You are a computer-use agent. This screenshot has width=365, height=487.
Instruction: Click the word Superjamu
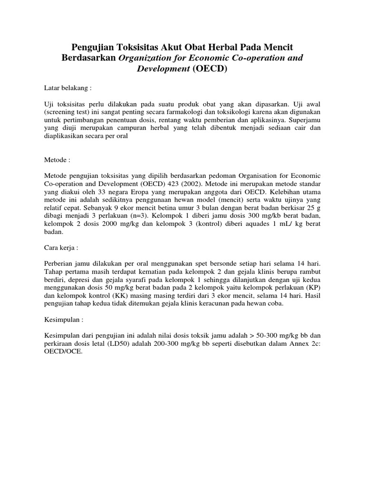click(x=305, y=127)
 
